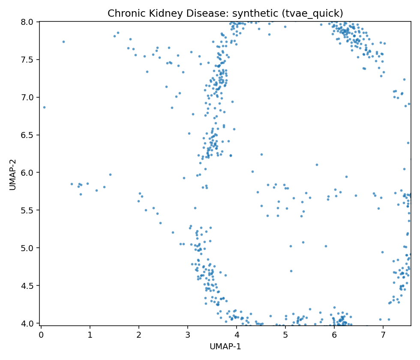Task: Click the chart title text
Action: click(x=225, y=13)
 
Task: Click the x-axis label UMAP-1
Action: click(x=225, y=347)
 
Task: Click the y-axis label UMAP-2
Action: click(x=13, y=174)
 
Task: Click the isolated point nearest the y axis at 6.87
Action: click(x=44, y=107)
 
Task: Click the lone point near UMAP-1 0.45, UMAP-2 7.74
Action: click(x=63, y=42)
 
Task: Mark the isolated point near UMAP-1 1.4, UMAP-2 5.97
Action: click(x=110, y=174)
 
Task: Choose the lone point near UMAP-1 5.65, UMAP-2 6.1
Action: click(x=317, y=165)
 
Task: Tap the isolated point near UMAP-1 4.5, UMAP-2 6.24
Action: click(x=261, y=154)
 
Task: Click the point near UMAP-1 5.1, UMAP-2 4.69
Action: click(x=291, y=271)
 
